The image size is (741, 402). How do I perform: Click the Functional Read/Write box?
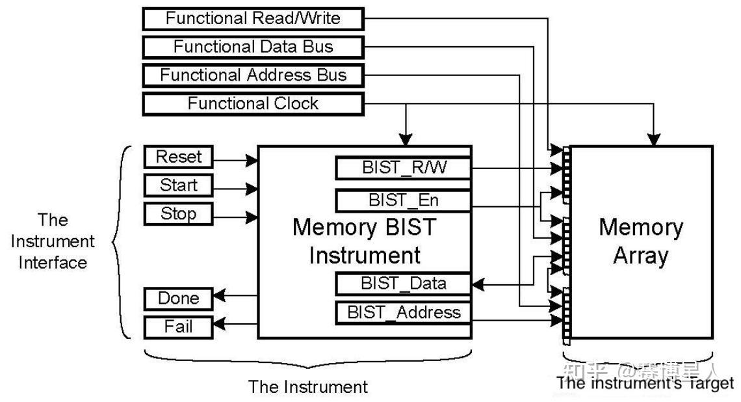(252, 18)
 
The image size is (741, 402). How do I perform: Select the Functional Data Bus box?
(252, 47)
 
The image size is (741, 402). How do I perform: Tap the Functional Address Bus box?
(252, 75)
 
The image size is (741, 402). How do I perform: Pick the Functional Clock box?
(252, 104)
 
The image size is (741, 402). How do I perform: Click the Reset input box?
(178, 157)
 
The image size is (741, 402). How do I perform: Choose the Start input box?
(178, 185)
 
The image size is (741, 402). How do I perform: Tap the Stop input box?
(178, 214)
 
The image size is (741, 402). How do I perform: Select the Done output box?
(178, 299)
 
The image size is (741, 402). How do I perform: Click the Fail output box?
(178, 327)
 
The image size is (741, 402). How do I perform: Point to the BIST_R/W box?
(403, 168)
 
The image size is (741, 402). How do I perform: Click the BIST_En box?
(403, 200)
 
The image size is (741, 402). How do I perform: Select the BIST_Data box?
(403, 284)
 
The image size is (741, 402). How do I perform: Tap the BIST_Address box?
(403, 312)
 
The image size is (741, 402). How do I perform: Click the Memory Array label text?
(640, 241)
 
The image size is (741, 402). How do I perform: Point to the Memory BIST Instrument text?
(364, 241)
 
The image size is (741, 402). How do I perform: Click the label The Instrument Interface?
(53, 241)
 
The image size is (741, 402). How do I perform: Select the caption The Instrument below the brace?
(307, 387)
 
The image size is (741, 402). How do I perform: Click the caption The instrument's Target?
(645, 383)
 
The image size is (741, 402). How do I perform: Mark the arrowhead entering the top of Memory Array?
(654, 139)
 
